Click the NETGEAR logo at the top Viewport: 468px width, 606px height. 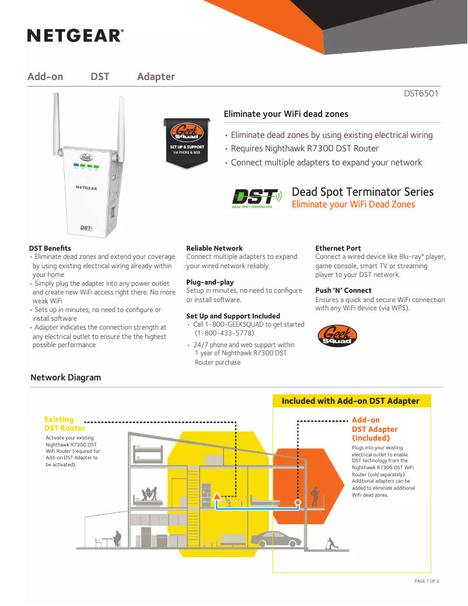(x=75, y=36)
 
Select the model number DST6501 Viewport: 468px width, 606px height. (x=421, y=93)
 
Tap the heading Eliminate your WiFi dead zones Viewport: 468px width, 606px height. (x=286, y=114)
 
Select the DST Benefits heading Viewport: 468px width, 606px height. (x=50, y=248)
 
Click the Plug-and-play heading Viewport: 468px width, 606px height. (x=209, y=282)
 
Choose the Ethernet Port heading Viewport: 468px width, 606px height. (x=338, y=248)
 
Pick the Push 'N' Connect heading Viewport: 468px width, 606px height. (x=343, y=290)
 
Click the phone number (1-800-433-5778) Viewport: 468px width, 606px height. (x=224, y=333)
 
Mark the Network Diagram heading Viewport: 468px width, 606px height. (x=65, y=378)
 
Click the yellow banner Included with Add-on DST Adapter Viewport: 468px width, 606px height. (x=351, y=401)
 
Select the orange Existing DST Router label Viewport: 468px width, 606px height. (x=64, y=424)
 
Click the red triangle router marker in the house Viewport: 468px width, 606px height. (x=217, y=496)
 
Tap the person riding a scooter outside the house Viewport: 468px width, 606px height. (x=331, y=543)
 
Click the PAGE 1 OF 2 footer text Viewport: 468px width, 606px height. (x=427, y=581)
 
